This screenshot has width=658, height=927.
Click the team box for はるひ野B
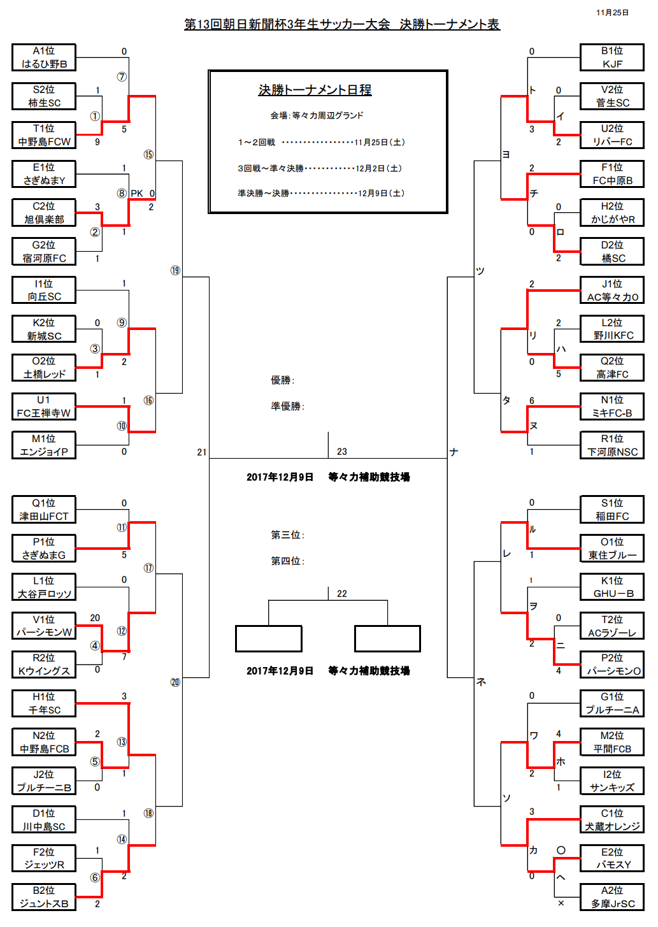(44, 57)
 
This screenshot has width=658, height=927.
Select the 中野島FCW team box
(44, 135)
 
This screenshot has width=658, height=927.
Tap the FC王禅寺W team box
(44, 406)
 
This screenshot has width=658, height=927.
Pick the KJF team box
(612, 57)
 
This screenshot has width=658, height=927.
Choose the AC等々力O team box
(612, 291)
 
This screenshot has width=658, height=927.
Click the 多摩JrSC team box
(612, 897)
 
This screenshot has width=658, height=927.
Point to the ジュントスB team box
(44, 897)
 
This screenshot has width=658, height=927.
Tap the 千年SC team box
(44, 703)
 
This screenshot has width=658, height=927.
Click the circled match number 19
(175, 271)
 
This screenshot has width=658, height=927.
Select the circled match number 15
(148, 155)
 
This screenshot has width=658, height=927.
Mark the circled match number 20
(175, 682)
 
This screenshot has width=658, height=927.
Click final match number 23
(342, 452)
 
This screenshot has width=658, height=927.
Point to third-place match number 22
(342, 594)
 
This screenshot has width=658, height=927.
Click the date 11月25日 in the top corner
(612, 13)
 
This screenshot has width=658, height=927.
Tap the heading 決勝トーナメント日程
(315, 90)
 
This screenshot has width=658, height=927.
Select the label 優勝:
(282, 380)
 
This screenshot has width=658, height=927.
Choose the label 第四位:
(287, 561)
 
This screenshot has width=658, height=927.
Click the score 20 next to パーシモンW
(95, 618)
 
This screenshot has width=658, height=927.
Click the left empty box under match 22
(268, 639)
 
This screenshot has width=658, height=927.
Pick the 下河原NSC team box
(612, 445)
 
